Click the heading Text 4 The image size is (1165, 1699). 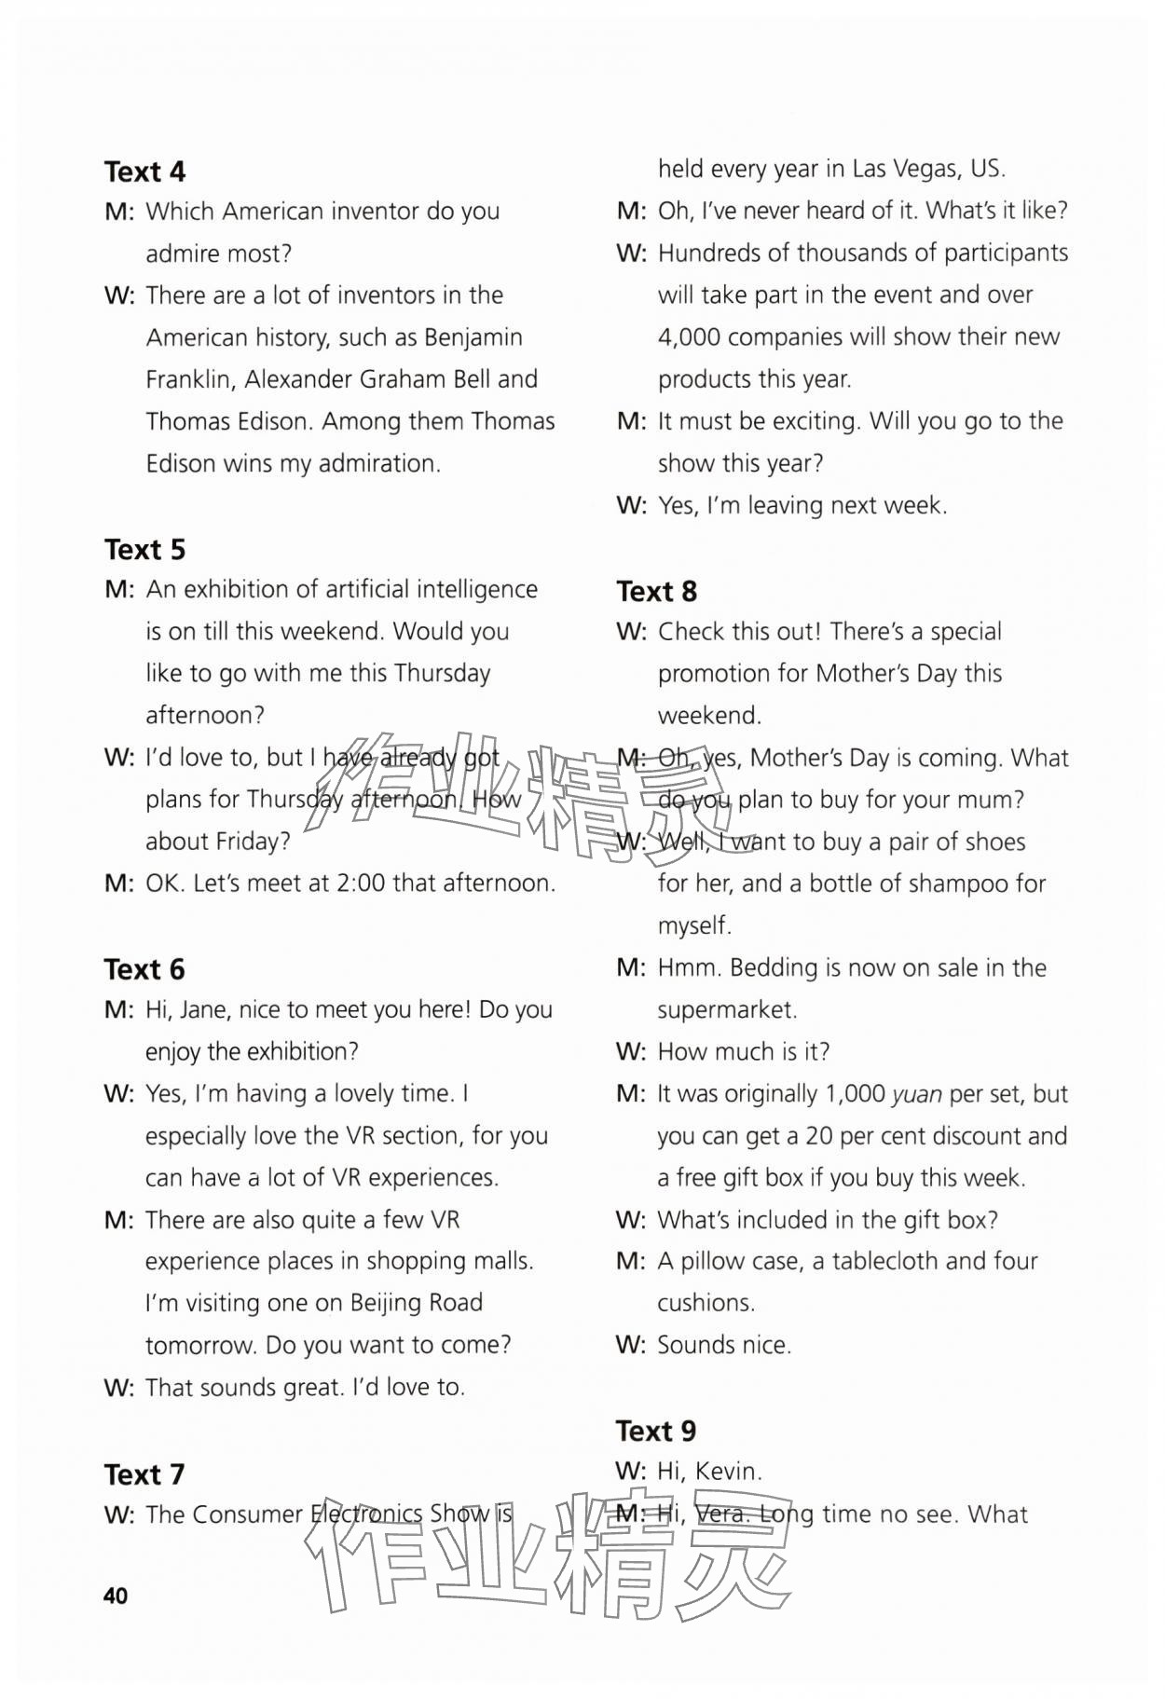pyautogui.click(x=144, y=171)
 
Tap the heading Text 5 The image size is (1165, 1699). pyautogui.click(x=144, y=550)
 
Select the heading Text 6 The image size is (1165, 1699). pyautogui.click(x=144, y=969)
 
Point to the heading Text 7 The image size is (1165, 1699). pyautogui.click(x=144, y=1474)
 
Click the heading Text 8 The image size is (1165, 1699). pyautogui.click(x=656, y=591)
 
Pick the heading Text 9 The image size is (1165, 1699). pyautogui.click(x=656, y=1431)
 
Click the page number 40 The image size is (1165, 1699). pyautogui.click(x=116, y=1596)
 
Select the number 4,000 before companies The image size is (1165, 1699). pyautogui.click(x=689, y=336)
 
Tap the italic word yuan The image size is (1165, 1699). pyautogui.click(x=916, y=1093)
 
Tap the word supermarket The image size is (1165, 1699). pyautogui.click(x=727, y=1009)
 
